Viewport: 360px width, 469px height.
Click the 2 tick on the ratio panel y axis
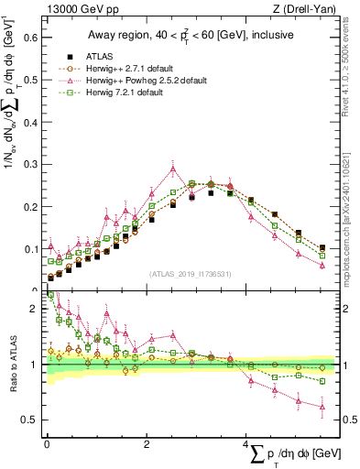37,310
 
